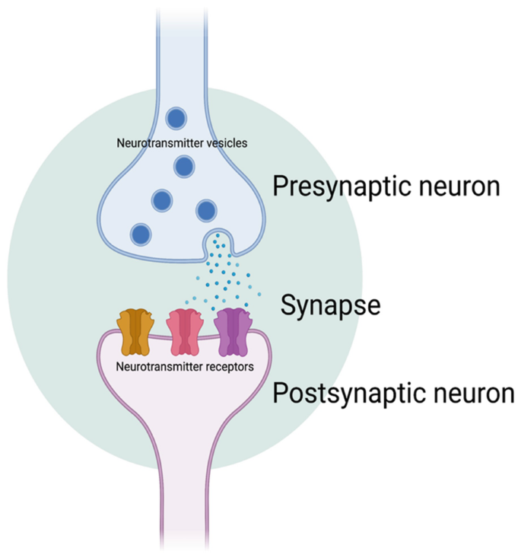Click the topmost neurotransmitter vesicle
(176, 118)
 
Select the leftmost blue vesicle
(140, 233)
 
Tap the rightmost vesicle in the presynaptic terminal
(206, 209)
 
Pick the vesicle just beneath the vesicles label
(183, 165)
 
